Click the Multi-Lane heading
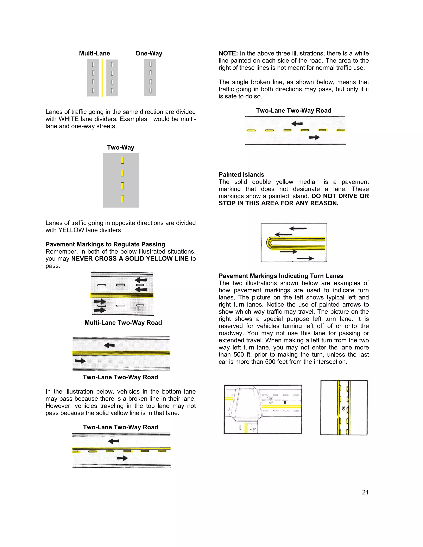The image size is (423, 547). pos(94,53)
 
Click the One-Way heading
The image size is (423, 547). pos(149,53)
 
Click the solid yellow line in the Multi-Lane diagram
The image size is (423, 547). pos(102,78)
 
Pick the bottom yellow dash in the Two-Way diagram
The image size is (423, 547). pos(122,199)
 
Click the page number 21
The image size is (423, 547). pos(365,492)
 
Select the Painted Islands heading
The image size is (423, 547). pos(241,175)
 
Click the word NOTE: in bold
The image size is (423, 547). pos(228,53)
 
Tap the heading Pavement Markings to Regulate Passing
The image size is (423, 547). pos(105,244)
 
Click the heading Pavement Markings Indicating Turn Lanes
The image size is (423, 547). pos(281,276)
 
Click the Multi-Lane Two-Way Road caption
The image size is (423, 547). pos(123,323)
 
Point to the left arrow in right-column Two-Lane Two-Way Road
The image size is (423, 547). pos(297,123)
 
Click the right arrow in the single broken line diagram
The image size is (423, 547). pos(314,137)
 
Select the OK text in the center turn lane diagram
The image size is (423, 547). pos(343,408)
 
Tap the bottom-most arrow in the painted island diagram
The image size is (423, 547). pos(305,258)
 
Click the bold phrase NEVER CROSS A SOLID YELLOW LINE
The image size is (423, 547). pos(130,258)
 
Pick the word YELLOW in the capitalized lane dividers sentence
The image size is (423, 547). pos(71,230)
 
